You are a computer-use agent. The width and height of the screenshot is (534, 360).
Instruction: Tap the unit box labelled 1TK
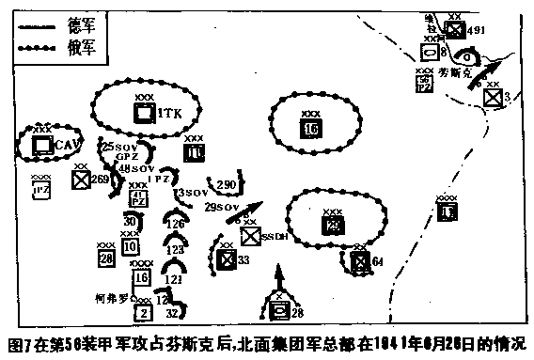pos(144,113)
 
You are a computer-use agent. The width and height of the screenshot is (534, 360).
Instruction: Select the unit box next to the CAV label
pos(40,145)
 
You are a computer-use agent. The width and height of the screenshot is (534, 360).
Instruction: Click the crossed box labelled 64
pos(359,260)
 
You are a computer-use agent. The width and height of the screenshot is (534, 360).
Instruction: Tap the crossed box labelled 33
pos(226,259)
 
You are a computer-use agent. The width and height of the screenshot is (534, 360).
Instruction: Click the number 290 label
pos(226,184)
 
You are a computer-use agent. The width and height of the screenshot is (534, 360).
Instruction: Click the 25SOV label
pos(123,147)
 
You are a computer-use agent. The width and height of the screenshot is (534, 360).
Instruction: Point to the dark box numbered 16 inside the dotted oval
pos(311,129)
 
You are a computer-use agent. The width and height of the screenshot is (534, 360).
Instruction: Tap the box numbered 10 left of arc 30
pos(130,246)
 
